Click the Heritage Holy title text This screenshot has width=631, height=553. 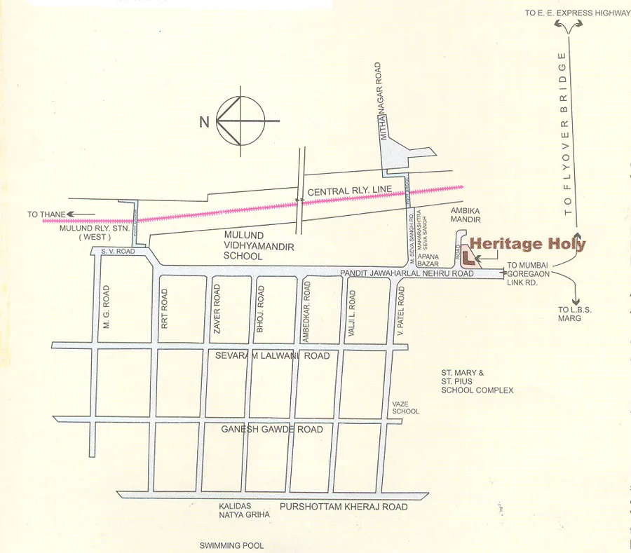tap(527, 244)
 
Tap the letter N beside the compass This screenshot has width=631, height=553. tap(205, 122)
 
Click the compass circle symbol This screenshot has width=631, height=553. tap(240, 121)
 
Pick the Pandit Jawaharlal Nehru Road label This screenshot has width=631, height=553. tap(406, 273)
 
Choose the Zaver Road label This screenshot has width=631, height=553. tap(217, 306)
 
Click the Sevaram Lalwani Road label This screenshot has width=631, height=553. tap(272, 356)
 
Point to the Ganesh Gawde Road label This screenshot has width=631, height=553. tap(272, 429)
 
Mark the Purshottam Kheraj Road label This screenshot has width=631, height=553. tap(343, 507)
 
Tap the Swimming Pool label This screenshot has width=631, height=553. tap(231, 545)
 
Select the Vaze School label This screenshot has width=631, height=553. tap(405, 407)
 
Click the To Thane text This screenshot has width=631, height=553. tap(46, 214)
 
